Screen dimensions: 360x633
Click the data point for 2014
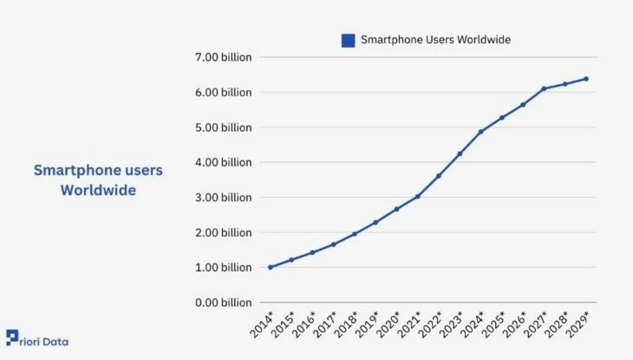(x=271, y=267)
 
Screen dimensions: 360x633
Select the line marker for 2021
(x=417, y=196)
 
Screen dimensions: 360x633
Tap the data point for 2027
(x=544, y=88)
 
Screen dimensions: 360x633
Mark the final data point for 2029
(x=586, y=79)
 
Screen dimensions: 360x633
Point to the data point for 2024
(x=480, y=132)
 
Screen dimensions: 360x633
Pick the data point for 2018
(x=355, y=234)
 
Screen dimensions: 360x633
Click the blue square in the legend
(x=348, y=40)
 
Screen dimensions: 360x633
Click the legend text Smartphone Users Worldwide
(x=435, y=40)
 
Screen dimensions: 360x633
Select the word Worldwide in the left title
(x=98, y=190)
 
